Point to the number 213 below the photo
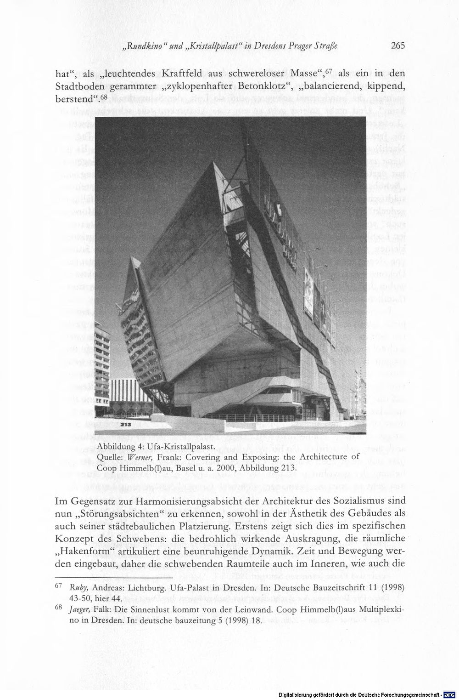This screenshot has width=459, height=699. click(x=126, y=425)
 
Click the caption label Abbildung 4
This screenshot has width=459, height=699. click(x=120, y=448)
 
